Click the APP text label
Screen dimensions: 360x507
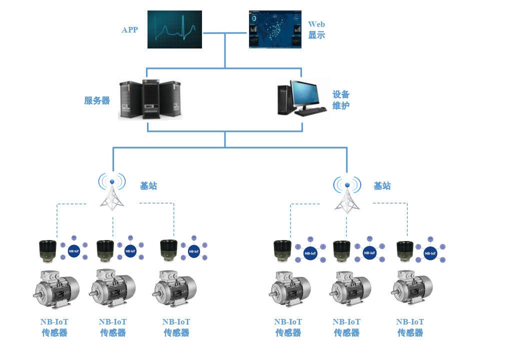[x=129, y=30]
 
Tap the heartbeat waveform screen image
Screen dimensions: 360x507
[x=174, y=29]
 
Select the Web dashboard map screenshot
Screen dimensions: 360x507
[x=275, y=29]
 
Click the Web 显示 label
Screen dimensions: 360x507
[x=316, y=29]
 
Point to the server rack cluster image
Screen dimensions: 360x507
[x=150, y=99]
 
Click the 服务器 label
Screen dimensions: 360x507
[x=97, y=100]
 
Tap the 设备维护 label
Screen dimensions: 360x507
[x=341, y=100]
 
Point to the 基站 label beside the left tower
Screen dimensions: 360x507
[x=148, y=186]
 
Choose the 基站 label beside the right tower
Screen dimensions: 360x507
[x=382, y=186]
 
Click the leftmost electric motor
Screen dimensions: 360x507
[x=55, y=288]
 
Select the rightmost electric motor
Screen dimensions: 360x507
[x=411, y=288]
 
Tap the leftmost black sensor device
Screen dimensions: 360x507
[x=48, y=250]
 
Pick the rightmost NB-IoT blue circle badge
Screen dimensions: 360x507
[x=430, y=253]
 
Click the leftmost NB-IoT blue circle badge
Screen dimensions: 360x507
[x=74, y=251]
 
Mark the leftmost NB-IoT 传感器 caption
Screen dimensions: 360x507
[x=54, y=327]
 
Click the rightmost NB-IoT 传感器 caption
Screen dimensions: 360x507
[x=410, y=327]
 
